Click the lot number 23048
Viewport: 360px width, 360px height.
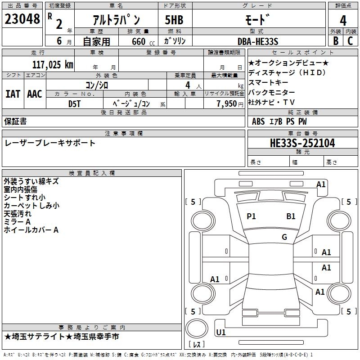pyautogui.click(x=22, y=19)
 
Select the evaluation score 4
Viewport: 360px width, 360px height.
pyautogui.click(x=343, y=20)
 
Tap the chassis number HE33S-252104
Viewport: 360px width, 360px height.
pyautogui.click(x=302, y=143)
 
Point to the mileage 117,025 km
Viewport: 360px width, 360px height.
pyautogui.click(x=53, y=64)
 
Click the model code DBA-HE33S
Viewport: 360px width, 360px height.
pyautogui.click(x=258, y=41)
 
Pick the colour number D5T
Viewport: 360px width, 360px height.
pyautogui.click(x=74, y=103)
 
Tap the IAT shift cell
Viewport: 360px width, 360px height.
pyautogui.click(x=13, y=94)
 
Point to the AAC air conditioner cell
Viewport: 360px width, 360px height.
pyautogui.click(x=35, y=94)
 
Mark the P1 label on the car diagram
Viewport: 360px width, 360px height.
pyautogui.click(x=251, y=216)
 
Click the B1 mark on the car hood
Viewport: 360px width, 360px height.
pyautogui.click(x=291, y=216)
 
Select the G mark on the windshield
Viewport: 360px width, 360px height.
pyautogui.click(x=284, y=237)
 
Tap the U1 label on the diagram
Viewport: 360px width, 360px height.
pyautogui.click(x=221, y=333)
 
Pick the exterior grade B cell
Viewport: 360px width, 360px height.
pyautogui.click(x=335, y=41)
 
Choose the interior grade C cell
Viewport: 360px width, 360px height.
pyautogui.click(x=350, y=41)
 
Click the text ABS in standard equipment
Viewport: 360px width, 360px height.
pyautogui.click(x=258, y=121)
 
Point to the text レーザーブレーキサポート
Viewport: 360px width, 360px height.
pyautogui.click(x=50, y=143)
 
